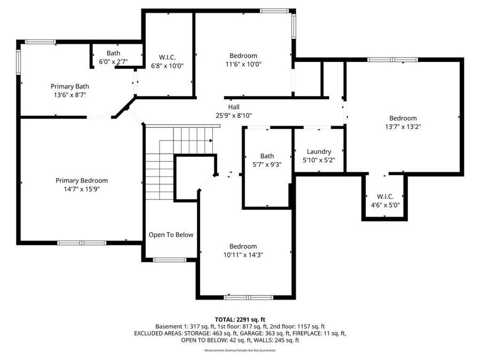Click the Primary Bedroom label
[x=82, y=181]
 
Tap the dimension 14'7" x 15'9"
[x=82, y=189]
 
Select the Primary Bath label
[x=70, y=86]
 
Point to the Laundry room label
[x=319, y=151]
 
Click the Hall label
[x=234, y=107]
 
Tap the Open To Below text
[x=171, y=235]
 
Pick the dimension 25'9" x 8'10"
[x=234, y=115]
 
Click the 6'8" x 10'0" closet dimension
[x=167, y=66]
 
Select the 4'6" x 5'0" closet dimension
[x=386, y=205]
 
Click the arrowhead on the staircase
[x=211, y=140]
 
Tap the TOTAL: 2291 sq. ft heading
[x=240, y=320]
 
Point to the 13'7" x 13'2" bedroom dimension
[x=403, y=127]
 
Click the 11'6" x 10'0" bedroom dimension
[x=243, y=65]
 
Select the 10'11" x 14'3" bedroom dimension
[x=243, y=255]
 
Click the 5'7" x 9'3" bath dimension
[x=267, y=165]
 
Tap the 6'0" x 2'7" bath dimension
[x=113, y=61]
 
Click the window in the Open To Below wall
[x=170, y=260]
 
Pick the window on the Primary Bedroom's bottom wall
[x=82, y=243]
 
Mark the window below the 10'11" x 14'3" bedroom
[x=249, y=297]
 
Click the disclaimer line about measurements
[x=240, y=350]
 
